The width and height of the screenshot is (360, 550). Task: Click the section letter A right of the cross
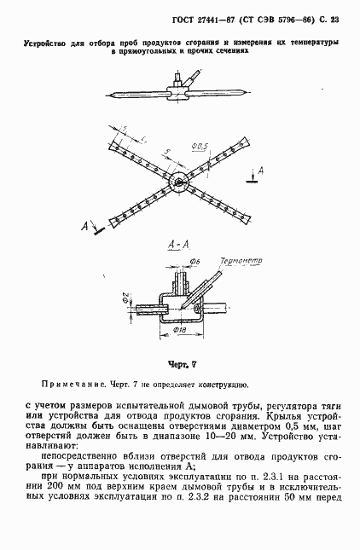pos(259,173)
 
